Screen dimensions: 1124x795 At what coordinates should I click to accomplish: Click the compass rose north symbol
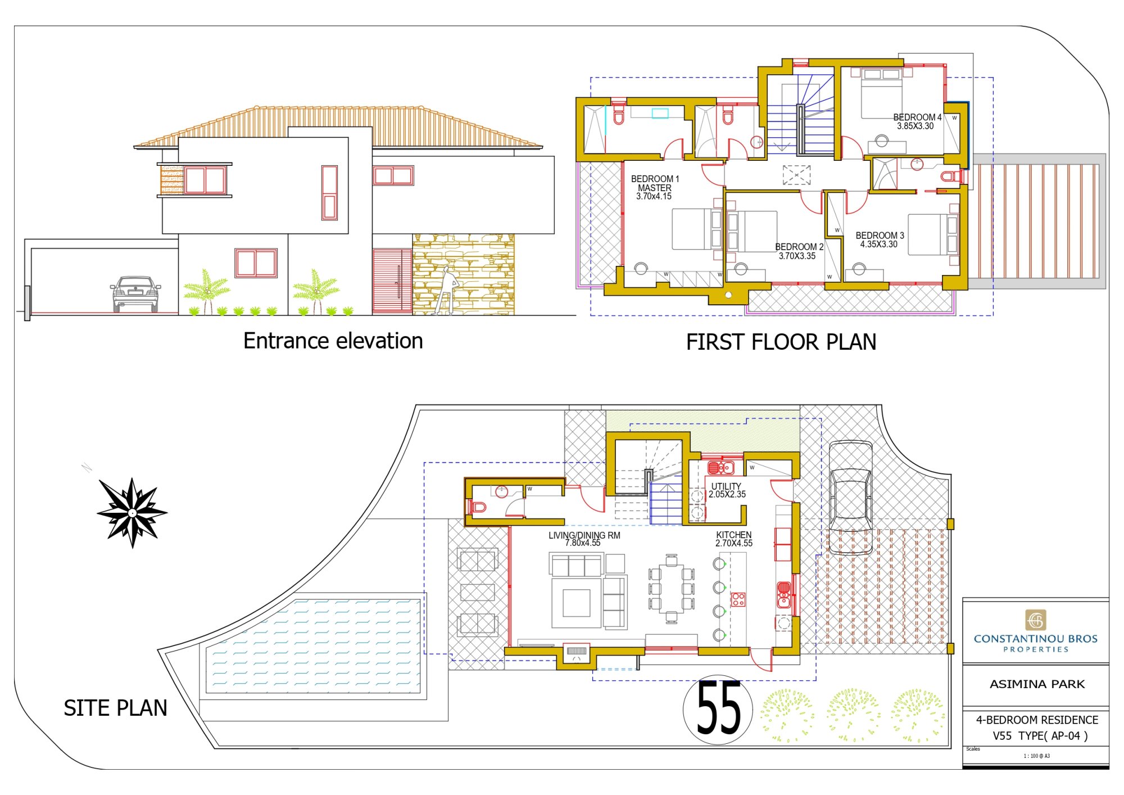(132, 513)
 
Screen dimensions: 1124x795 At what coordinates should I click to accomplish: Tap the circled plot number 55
(718, 710)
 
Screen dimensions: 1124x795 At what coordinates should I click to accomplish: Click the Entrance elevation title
(333, 341)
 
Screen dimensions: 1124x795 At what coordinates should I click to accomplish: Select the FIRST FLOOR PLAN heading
(781, 342)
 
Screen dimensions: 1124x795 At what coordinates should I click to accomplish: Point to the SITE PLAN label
(115, 708)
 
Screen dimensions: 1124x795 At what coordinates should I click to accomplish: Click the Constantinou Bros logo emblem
(1036, 620)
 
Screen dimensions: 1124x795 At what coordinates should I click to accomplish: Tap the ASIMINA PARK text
(1037, 684)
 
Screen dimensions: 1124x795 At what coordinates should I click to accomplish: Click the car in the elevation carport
(135, 293)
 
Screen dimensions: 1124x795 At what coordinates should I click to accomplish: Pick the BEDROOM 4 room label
(917, 121)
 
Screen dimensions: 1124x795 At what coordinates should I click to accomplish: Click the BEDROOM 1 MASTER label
(655, 187)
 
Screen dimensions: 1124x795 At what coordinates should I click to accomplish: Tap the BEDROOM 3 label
(880, 240)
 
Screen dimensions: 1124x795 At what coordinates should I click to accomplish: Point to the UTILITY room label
(727, 490)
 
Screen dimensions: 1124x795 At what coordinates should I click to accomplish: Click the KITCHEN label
(733, 539)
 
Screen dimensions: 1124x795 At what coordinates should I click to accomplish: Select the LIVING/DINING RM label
(584, 539)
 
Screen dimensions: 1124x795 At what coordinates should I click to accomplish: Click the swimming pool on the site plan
(313, 645)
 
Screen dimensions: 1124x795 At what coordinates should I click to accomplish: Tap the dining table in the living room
(672, 589)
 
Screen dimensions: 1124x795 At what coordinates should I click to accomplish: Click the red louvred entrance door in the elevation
(392, 281)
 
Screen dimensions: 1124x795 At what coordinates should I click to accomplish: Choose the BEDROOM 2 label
(799, 251)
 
